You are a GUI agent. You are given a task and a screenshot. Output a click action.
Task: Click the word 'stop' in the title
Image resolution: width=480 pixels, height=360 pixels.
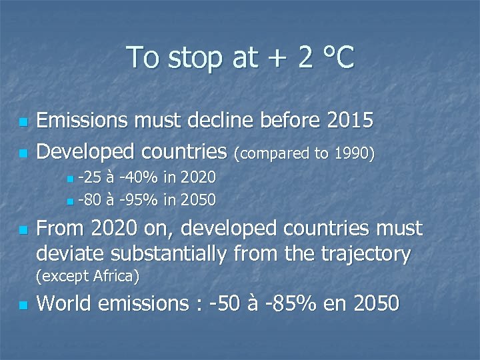click(x=195, y=58)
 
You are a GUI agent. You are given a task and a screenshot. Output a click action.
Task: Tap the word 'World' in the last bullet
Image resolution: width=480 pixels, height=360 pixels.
click(x=64, y=304)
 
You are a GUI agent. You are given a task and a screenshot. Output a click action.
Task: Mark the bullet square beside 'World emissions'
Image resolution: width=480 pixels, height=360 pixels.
click(x=23, y=305)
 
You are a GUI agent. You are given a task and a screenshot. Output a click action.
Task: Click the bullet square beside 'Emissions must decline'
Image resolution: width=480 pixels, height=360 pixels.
click(x=23, y=123)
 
